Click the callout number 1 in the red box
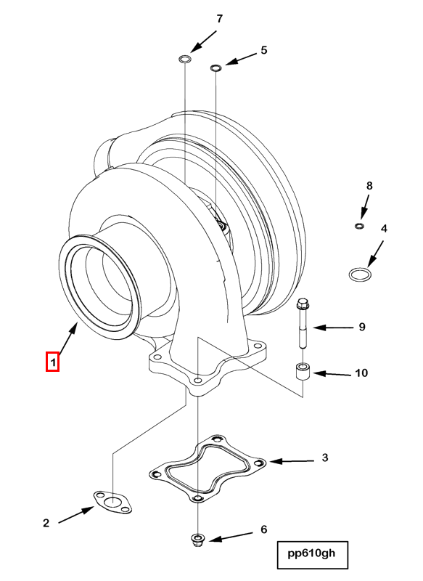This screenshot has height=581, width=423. coord(52,361)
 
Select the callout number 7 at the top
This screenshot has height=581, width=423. coord(219,18)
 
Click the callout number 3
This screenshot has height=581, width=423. coord(325,458)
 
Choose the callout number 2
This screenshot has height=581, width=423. coord(46,522)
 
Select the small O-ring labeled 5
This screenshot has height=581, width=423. coord(215,68)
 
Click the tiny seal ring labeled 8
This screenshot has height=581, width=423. coord(358,227)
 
